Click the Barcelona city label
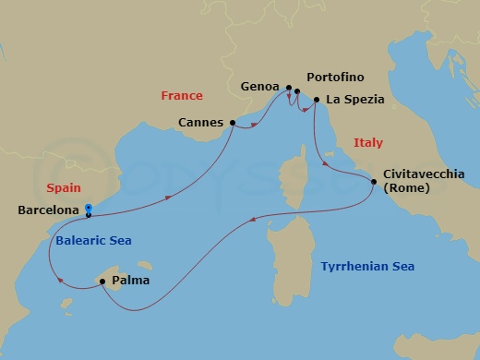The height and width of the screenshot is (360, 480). [47, 210]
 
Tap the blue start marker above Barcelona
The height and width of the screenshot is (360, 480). [88, 207]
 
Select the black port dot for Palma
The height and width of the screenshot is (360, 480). [102, 282]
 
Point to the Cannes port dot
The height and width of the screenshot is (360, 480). [232, 122]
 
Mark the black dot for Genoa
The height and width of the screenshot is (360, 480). [289, 89]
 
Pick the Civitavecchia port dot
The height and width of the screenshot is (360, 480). [374, 182]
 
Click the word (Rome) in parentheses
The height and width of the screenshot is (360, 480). [407, 188]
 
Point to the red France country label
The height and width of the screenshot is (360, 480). [181, 95]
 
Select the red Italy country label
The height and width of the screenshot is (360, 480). [368, 142]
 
